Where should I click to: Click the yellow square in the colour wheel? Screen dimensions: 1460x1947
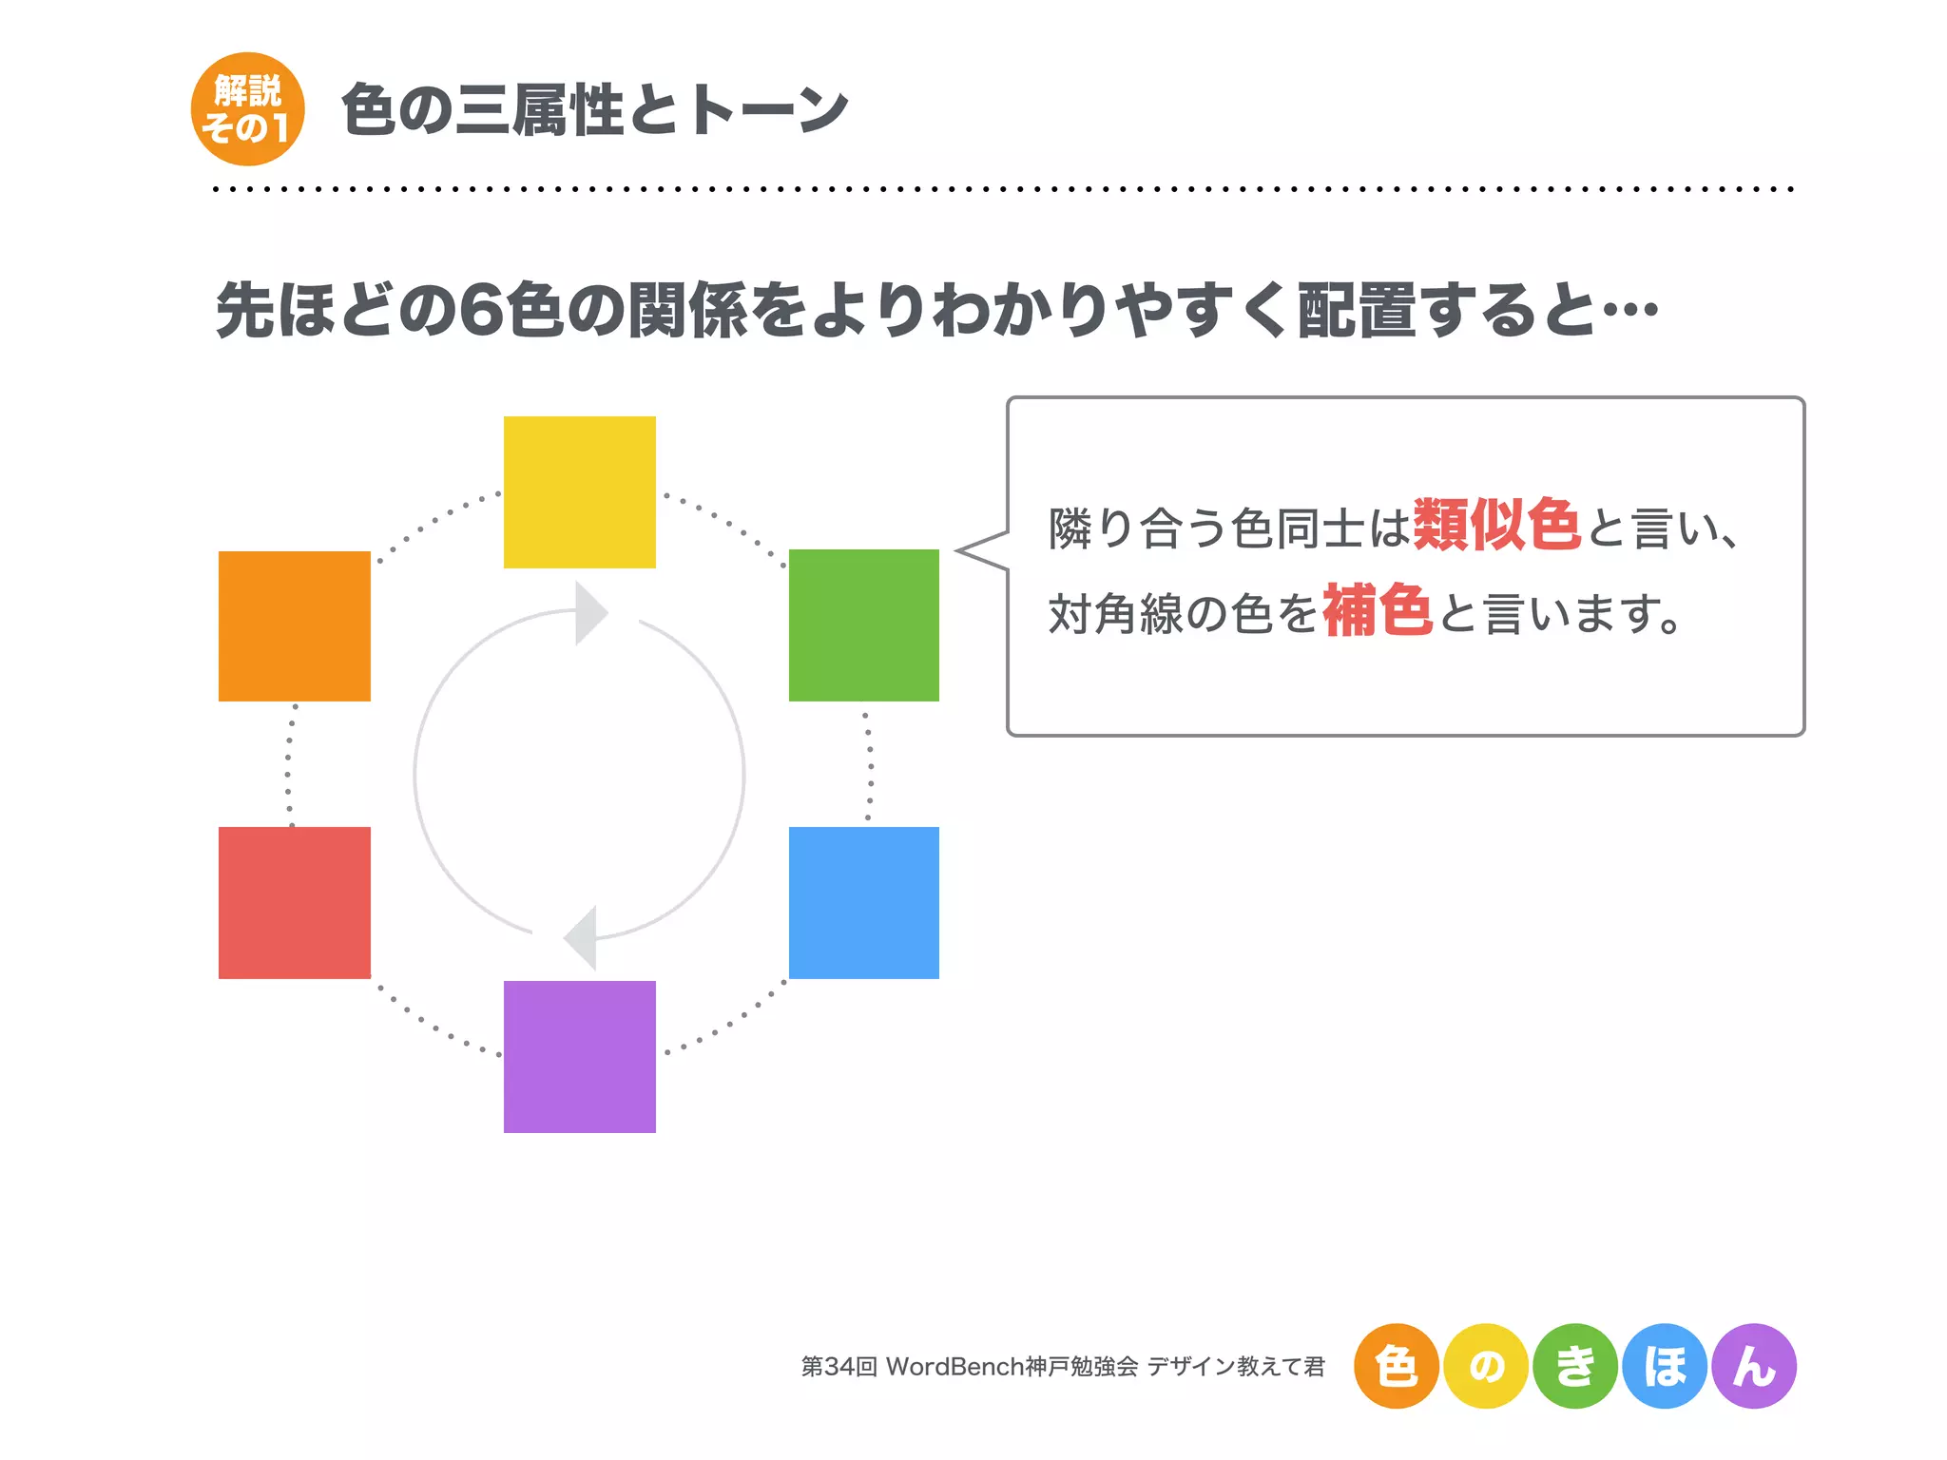tap(579, 491)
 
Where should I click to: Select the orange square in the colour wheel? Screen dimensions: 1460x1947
tap(294, 625)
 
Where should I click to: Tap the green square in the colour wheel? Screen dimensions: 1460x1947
tap(863, 624)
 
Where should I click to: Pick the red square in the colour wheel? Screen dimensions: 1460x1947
tap(294, 902)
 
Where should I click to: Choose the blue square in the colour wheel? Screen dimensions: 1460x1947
tap(863, 902)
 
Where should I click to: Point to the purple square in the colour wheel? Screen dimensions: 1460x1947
tap(579, 1056)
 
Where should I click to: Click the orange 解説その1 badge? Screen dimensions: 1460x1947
tap(247, 109)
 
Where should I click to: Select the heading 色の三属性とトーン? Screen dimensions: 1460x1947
tap(594, 110)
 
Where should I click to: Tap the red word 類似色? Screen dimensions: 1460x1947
tap(1496, 525)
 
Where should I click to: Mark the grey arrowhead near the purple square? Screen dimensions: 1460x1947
tap(582, 937)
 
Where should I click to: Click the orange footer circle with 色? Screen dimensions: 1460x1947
tap(1396, 1366)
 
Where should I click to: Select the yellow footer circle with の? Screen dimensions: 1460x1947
tap(1485, 1366)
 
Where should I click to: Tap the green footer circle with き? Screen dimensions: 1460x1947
tap(1575, 1366)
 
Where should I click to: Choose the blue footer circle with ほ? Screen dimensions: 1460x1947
tap(1665, 1366)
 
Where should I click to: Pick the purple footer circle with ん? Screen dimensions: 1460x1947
tap(1754, 1366)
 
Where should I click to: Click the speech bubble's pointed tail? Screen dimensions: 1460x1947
tap(979, 551)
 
